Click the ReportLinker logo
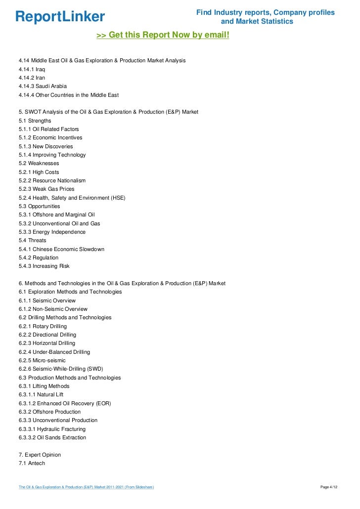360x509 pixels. pos(60,17)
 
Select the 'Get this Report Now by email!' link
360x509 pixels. pos(163,35)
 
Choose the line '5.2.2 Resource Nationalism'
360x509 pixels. pos(52,180)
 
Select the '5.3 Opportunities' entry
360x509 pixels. pos(39,206)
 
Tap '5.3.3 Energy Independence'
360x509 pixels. pos(52,232)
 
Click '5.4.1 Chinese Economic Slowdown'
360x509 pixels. pos(61,249)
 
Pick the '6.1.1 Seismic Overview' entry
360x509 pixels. pos(47,300)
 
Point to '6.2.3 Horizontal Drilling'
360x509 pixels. pos(47,343)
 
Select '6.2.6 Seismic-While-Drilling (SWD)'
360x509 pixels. pos(60,369)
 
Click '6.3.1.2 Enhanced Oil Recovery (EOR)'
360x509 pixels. pos(65,403)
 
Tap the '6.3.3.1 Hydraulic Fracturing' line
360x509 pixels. pos(52,429)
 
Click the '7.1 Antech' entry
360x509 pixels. pos(32,463)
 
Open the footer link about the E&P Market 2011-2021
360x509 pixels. pos(86,487)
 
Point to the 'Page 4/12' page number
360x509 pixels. pos(329,487)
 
